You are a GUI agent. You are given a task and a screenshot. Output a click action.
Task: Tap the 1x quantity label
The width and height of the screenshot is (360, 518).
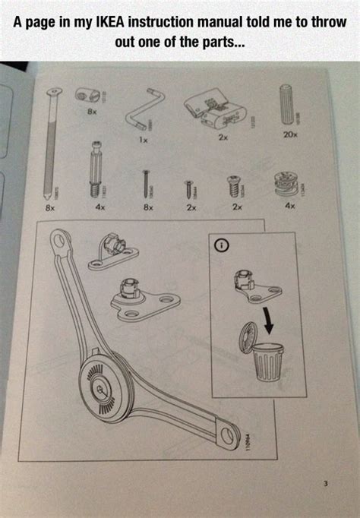click(142, 140)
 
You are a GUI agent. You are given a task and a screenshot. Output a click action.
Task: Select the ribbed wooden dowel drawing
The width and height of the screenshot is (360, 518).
click(290, 104)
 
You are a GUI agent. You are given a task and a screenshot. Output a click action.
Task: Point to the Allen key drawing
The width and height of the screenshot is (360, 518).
click(144, 111)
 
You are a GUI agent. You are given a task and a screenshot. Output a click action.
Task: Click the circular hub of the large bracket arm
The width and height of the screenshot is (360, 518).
click(102, 387)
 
